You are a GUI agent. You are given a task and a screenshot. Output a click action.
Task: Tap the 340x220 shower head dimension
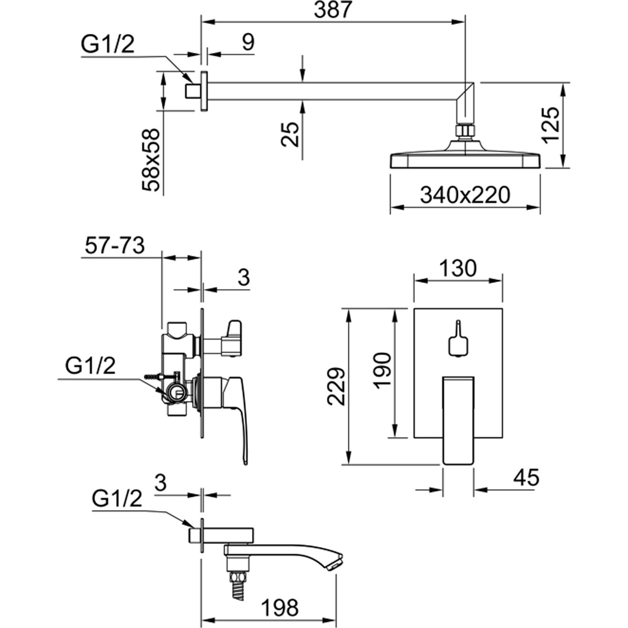[x=465, y=195]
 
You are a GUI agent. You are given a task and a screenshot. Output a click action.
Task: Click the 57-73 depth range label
[x=115, y=246]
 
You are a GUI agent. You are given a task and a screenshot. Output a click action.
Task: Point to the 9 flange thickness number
[x=248, y=42]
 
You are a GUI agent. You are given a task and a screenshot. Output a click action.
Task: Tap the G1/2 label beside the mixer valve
[x=90, y=367]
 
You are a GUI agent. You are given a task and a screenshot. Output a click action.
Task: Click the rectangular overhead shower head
[x=466, y=160]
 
